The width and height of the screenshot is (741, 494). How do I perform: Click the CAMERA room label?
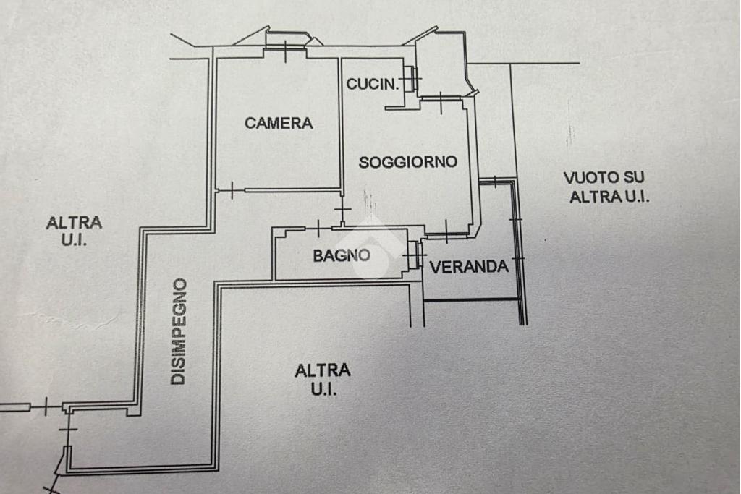[279, 123]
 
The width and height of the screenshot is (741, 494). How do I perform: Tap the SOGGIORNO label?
[408, 163]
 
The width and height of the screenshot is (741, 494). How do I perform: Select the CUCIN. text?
[373, 84]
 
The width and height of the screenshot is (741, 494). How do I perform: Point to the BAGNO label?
[342, 255]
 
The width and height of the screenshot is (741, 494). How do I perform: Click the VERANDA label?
[469, 268]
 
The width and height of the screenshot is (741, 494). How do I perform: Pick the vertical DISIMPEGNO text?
[179, 331]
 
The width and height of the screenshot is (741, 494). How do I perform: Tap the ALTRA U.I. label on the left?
[75, 231]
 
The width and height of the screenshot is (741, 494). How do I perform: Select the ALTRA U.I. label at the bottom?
[323, 379]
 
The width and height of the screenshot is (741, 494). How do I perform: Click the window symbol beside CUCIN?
[412, 78]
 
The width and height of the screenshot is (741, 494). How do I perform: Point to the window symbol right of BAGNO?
[415, 255]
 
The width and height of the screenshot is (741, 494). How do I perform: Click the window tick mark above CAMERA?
[285, 51]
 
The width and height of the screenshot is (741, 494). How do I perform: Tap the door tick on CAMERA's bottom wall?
[232, 190]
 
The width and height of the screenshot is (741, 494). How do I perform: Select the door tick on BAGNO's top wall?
[318, 229]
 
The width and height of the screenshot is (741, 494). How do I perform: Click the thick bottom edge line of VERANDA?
[471, 300]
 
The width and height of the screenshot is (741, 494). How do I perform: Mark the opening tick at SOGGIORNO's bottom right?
[446, 232]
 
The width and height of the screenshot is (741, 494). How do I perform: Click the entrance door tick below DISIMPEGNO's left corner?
[68, 430]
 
